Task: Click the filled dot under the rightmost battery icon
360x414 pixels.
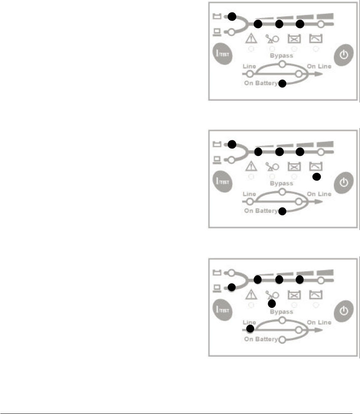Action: click(x=316, y=177)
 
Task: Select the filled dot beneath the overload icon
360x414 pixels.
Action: click(x=271, y=304)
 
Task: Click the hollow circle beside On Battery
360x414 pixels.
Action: click(x=282, y=340)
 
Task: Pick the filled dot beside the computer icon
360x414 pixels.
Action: click(x=232, y=287)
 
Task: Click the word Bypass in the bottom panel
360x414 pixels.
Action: click(x=282, y=312)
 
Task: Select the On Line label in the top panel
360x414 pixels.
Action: click(x=319, y=66)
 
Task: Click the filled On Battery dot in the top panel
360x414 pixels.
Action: click(x=282, y=84)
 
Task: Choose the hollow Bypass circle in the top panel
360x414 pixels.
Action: click(x=282, y=65)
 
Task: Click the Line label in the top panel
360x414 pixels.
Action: click(x=250, y=66)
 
